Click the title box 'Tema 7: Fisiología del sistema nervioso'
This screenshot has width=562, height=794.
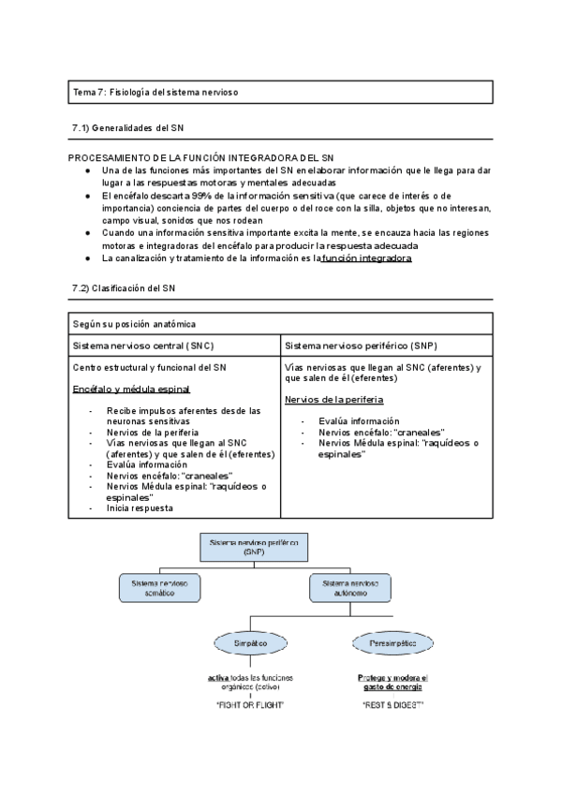click(280, 92)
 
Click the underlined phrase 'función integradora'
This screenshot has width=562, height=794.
click(366, 257)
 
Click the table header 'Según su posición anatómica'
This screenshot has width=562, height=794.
click(134, 324)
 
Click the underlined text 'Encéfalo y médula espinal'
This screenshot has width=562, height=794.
click(131, 390)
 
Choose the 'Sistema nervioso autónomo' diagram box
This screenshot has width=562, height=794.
click(348, 587)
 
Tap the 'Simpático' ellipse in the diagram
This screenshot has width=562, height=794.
click(249, 644)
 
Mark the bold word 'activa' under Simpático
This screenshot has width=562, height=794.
click(217, 677)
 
